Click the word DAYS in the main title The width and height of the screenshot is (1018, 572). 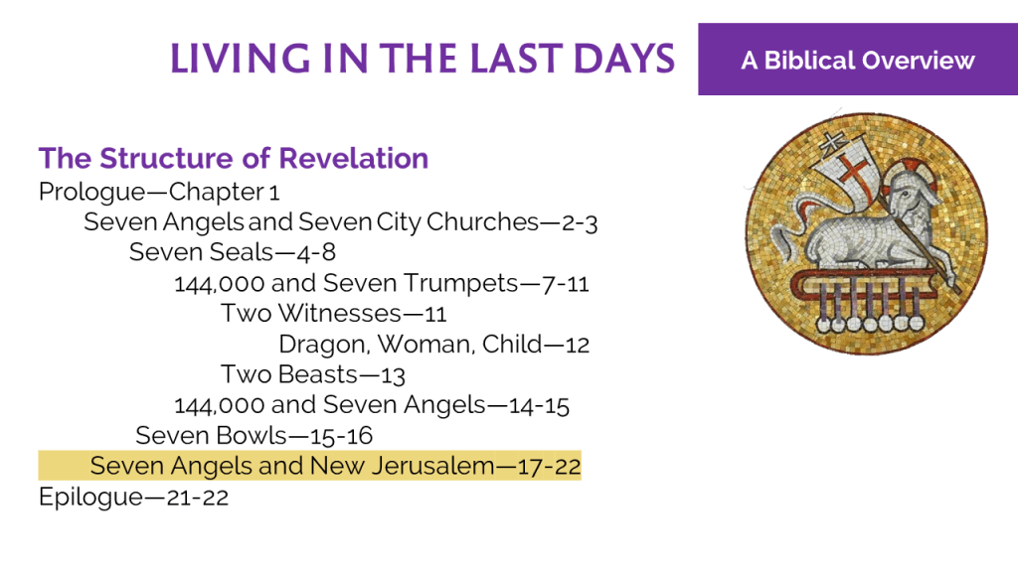pyautogui.click(x=624, y=59)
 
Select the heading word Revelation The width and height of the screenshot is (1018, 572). pyautogui.click(x=354, y=158)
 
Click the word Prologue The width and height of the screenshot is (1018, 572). pyautogui.click(x=91, y=193)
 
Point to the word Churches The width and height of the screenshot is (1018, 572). pyautogui.click(x=482, y=221)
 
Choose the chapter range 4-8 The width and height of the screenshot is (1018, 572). pyautogui.click(x=316, y=253)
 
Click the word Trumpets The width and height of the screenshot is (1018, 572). pyautogui.click(x=461, y=283)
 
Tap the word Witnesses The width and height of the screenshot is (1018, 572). pyautogui.click(x=340, y=314)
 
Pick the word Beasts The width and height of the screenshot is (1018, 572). pyautogui.click(x=318, y=374)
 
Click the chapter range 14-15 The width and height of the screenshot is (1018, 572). pyautogui.click(x=539, y=406)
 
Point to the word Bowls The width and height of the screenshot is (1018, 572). pyautogui.click(x=252, y=436)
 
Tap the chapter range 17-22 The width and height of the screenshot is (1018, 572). pyautogui.click(x=549, y=467)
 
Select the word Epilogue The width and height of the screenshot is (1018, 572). pyautogui.click(x=90, y=498)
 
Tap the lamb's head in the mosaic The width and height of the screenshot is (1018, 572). pyautogui.click(x=910, y=194)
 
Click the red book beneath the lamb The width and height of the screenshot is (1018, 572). pyautogui.click(x=864, y=283)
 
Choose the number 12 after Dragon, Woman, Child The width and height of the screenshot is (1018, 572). pyautogui.click(x=578, y=345)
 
